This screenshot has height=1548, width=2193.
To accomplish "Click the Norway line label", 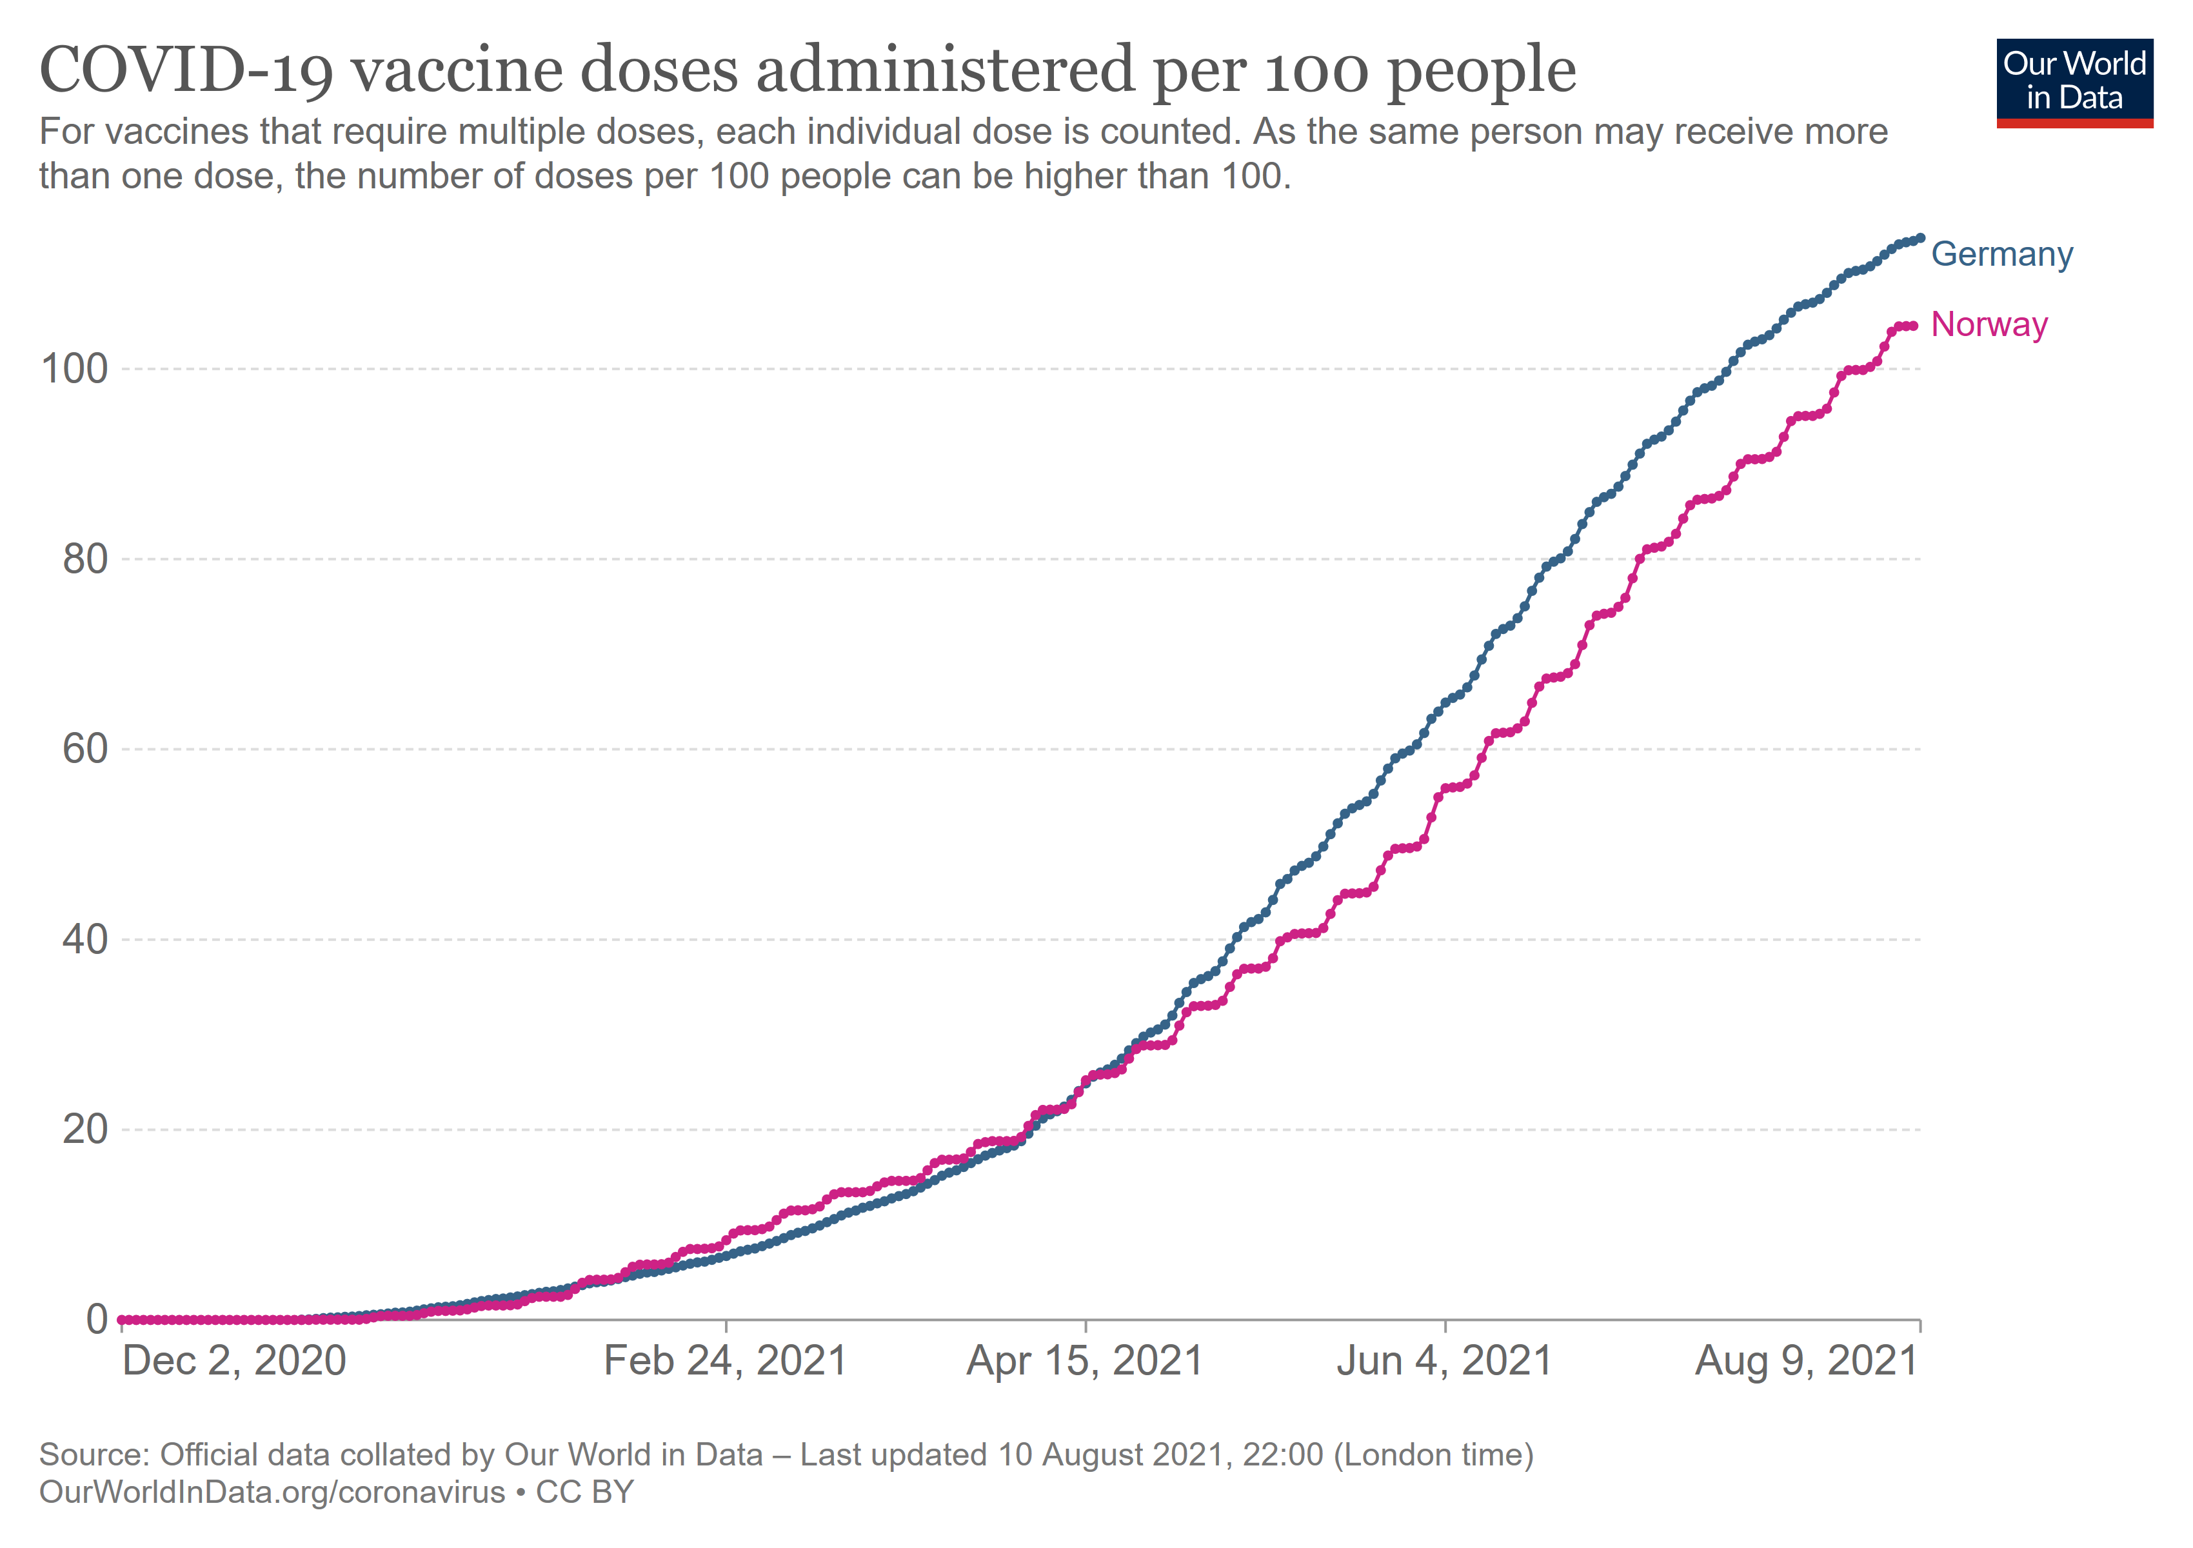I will [1989, 324].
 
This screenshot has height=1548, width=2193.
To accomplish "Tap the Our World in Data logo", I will [2074, 82].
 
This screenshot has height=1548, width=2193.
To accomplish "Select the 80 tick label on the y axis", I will [85, 559].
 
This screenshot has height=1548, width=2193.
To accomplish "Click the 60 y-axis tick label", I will [85, 749].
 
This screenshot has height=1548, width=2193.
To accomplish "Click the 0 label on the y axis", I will [97, 1320].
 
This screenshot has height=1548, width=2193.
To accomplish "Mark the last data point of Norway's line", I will [1913, 326].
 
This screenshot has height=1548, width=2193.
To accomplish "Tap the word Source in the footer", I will [93, 1454].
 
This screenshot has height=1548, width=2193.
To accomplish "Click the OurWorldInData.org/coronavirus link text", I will [272, 1492].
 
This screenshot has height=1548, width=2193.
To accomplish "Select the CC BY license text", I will [584, 1492].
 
